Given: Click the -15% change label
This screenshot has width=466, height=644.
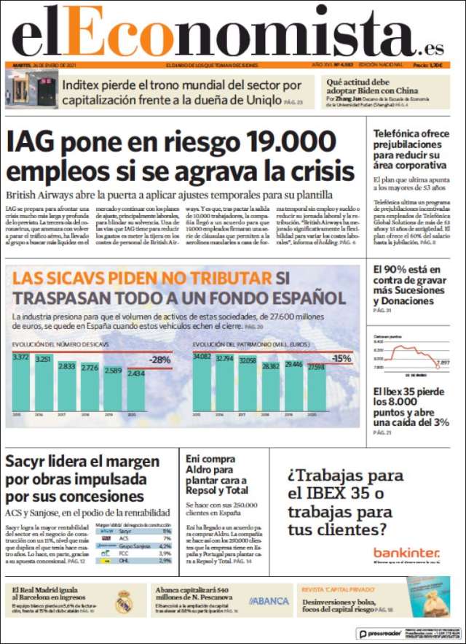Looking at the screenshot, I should (x=340, y=359).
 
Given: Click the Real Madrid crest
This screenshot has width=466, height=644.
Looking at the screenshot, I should (x=124, y=601).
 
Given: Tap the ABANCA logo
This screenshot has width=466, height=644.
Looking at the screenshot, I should (x=269, y=601).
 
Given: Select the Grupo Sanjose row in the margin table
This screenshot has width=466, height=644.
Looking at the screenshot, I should (x=135, y=546).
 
